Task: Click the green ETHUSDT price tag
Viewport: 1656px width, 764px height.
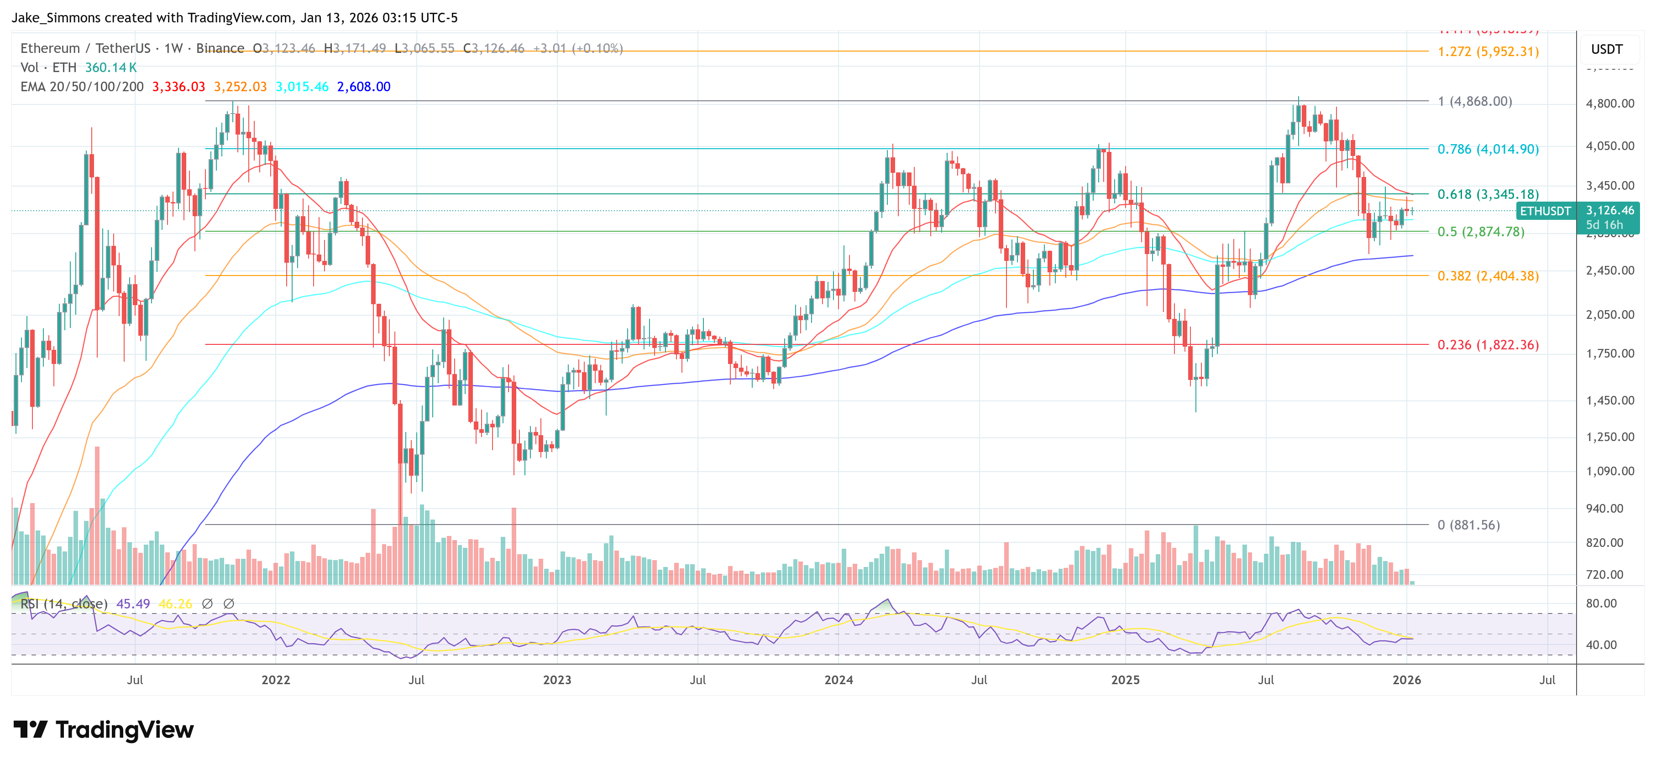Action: [1545, 211]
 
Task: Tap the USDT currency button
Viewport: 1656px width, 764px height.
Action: [1607, 49]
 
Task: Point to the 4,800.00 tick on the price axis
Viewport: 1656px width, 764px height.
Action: [1610, 104]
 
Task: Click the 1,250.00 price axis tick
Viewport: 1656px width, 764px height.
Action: [1610, 437]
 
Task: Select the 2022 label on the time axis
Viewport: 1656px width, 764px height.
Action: [275, 680]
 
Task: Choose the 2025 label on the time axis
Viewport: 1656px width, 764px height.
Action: [1125, 680]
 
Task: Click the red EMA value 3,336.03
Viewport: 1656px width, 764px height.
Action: [179, 87]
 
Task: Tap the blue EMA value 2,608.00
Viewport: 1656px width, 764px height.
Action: [364, 87]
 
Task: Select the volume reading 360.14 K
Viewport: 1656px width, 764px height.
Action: [110, 68]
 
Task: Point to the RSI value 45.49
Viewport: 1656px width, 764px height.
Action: [133, 604]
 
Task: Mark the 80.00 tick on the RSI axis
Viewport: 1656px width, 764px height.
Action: [1601, 603]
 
